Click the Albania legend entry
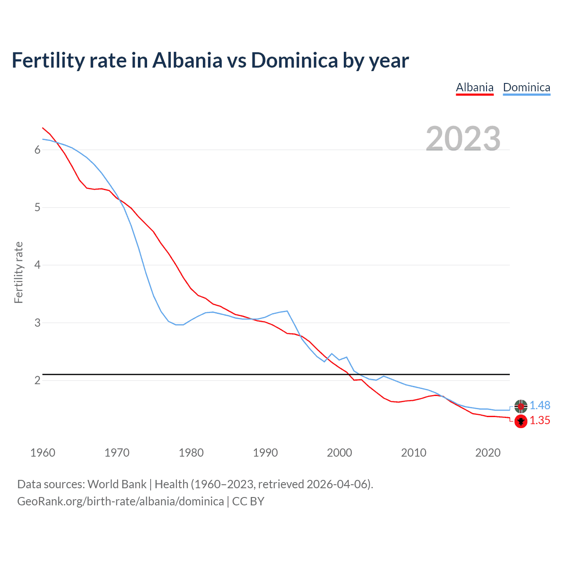click(x=475, y=87)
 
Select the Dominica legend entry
click(x=526, y=87)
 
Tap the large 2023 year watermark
click(x=463, y=139)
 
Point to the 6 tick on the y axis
click(x=37, y=150)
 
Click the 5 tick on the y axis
click(x=37, y=207)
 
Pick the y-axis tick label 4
click(x=37, y=265)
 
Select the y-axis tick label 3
click(x=37, y=323)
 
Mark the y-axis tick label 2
click(x=37, y=380)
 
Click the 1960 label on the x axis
click(x=43, y=453)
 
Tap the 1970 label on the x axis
click(x=117, y=453)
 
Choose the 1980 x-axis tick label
click(x=191, y=453)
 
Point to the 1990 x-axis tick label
click(x=265, y=453)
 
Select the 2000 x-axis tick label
click(x=339, y=453)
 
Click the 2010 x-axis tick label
click(x=414, y=453)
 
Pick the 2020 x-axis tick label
click(x=488, y=453)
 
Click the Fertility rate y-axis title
click(x=18, y=272)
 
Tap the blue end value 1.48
click(x=540, y=406)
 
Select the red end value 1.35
click(x=540, y=421)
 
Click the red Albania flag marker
click(x=521, y=421)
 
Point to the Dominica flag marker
click(x=521, y=406)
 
